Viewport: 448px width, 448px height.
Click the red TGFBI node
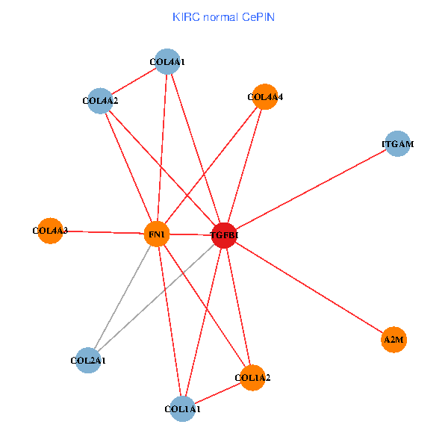coord(225,235)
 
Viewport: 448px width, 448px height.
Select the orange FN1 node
coord(157,234)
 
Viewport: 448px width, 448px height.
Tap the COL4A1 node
coord(167,62)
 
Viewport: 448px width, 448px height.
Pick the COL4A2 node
coord(100,100)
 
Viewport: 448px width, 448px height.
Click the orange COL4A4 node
coord(265,96)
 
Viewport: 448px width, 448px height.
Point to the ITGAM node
coord(398,143)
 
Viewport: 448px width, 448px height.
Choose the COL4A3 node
coord(50,231)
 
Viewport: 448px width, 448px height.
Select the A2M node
coord(393,340)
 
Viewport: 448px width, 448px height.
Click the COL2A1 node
coord(88,361)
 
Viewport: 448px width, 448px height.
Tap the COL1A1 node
coord(182,408)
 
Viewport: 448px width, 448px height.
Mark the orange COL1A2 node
coord(252,378)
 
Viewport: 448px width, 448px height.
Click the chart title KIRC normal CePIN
coord(223,16)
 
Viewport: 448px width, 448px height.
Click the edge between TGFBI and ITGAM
coord(311,190)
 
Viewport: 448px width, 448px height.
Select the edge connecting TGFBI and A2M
coord(309,287)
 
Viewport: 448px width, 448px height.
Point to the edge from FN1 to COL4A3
coord(103,232)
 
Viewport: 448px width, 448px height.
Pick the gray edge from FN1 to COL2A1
coord(122,297)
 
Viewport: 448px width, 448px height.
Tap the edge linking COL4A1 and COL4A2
coord(134,81)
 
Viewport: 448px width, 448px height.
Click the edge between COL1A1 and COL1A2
coord(217,393)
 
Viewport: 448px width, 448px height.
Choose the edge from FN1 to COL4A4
coord(211,166)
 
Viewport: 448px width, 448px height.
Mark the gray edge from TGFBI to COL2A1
coord(156,298)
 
